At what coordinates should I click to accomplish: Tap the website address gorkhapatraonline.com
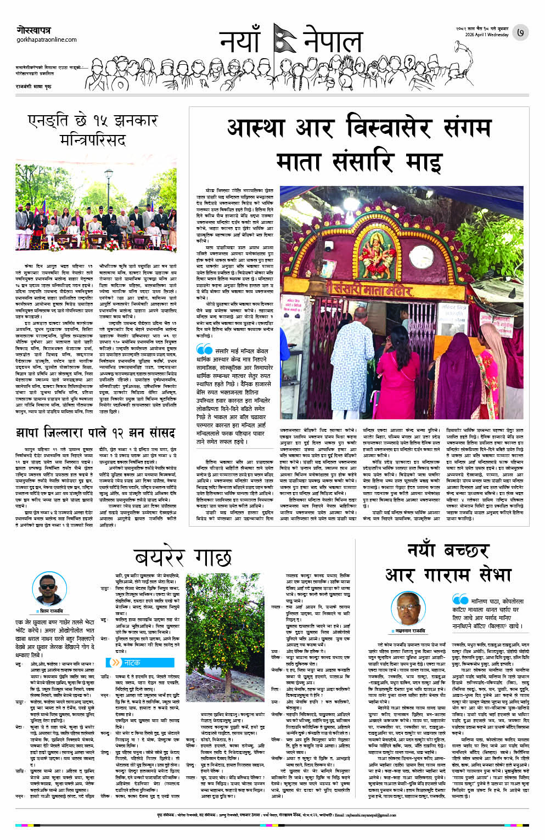[47, 40]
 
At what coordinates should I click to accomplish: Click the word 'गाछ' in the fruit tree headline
[209, 557]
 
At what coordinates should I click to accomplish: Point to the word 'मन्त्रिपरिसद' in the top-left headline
[92, 140]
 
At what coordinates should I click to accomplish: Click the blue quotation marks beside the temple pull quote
[204, 349]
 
